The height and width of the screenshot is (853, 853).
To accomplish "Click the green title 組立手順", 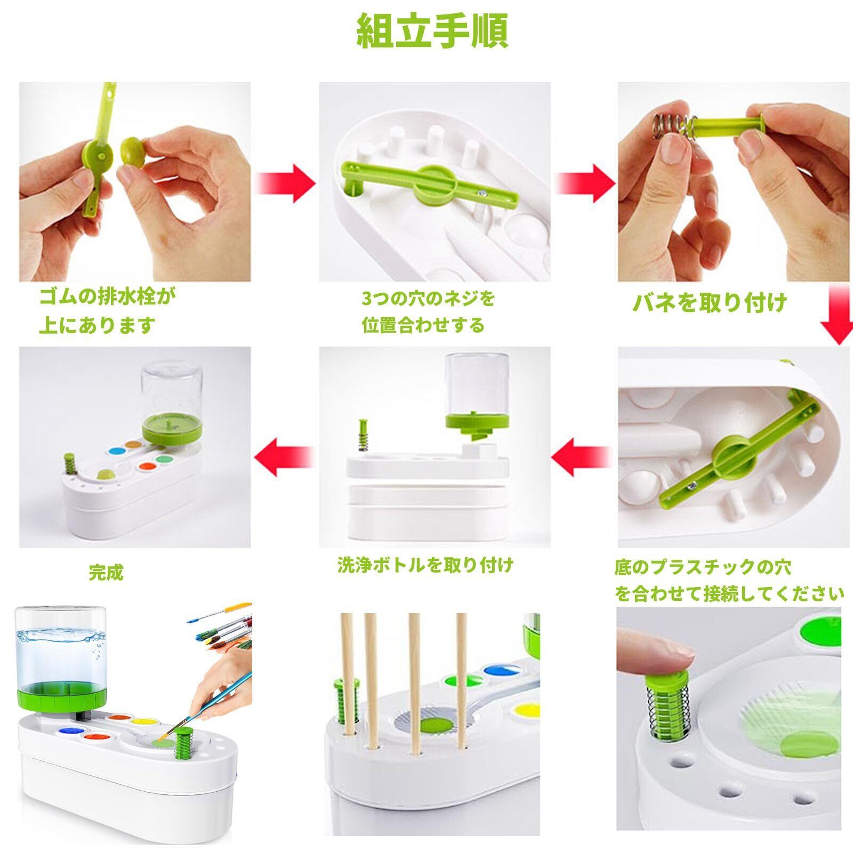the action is (432, 31).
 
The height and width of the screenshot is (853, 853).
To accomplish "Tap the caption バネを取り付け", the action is (710, 303).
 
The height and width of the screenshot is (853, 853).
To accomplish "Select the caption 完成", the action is (107, 573).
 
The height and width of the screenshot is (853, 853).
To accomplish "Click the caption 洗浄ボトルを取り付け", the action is (425, 565).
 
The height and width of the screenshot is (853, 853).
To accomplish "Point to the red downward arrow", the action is (836, 316).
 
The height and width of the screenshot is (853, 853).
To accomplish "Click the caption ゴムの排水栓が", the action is (107, 296).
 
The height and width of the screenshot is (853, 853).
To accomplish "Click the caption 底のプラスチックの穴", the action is (702, 566).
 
